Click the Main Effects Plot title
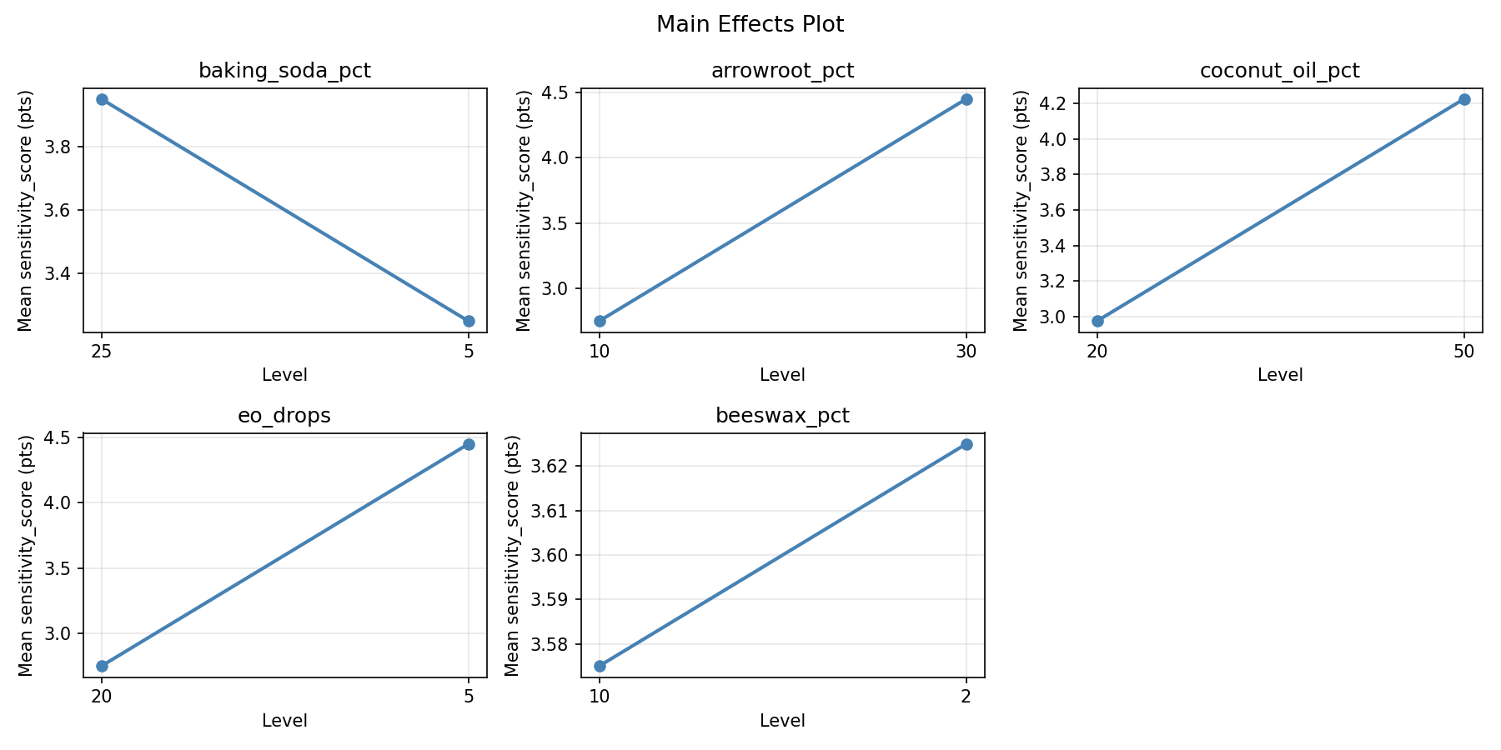point(750,25)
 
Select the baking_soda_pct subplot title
point(284,71)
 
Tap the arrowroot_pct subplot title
point(782,71)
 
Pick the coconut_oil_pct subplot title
point(1279,71)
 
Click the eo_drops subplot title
point(284,416)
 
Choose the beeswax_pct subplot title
point(782,416)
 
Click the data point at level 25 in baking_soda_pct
point(102,99)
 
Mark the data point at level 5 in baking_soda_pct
point(469,321)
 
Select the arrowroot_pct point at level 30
point(966,99)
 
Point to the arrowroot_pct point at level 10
point(600,321)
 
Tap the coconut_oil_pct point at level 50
point(1464,99)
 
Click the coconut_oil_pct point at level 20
point(1097,321)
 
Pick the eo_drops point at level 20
point(102,666)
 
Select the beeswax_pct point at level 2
point(966,444)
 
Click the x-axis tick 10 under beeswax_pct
point(600,696)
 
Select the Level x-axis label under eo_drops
point(284,721)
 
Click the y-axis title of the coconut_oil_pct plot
point(1021,210)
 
